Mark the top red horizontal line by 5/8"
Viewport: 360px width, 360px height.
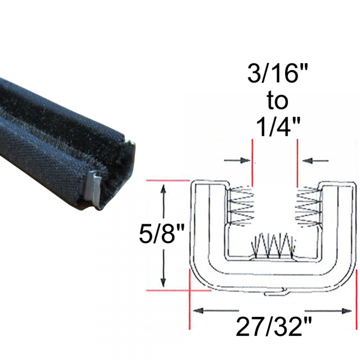(x=168, y=181)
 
